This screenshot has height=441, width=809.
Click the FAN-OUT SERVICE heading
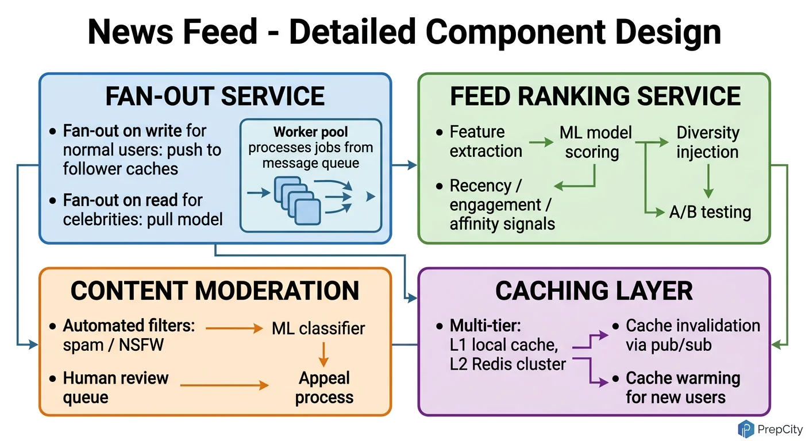tap(215, 96)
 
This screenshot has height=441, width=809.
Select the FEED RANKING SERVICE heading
tap(595, 96)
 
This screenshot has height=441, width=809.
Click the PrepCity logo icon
tap(746, 428)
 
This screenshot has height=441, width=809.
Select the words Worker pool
tap(311, 132)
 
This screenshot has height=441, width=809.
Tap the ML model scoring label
tap(595, 142)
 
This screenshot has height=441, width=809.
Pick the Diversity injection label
tap(707, 142)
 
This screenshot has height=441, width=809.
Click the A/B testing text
tap(710, 212)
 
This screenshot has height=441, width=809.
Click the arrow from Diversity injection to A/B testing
tap(708, 181)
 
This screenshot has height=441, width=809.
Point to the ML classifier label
tap(318, 328)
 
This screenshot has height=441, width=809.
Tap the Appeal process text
tap(324, 388)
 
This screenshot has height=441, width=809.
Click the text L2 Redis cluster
tap(508, 364)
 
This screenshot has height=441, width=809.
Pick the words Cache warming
tap(683, 378)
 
